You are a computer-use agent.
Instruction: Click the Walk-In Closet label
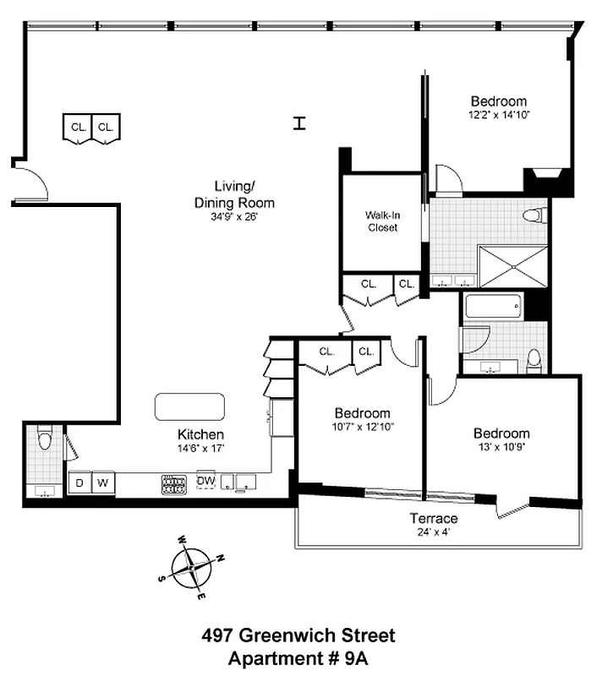click(382, 221)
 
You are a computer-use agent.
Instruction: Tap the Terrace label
click(435, 518)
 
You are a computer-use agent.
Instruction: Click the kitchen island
click(190, 406)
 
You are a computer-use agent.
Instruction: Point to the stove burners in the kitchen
click(174, 484)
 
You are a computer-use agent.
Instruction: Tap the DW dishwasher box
click(206, 481)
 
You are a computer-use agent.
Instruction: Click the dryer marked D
click(79, 483)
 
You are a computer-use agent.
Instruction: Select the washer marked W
click(103, 483)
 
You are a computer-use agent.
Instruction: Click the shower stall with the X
click(513, 266)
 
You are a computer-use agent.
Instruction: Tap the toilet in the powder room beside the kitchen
click(45, 439)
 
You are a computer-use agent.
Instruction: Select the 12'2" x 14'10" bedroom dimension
click(499, 115)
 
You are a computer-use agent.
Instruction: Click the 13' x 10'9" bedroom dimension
click(501, 448)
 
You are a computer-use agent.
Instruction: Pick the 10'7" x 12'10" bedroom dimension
click(362, 427)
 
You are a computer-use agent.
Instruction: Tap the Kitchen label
click(200, 434)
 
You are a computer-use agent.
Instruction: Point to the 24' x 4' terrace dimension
click(435, 532)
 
